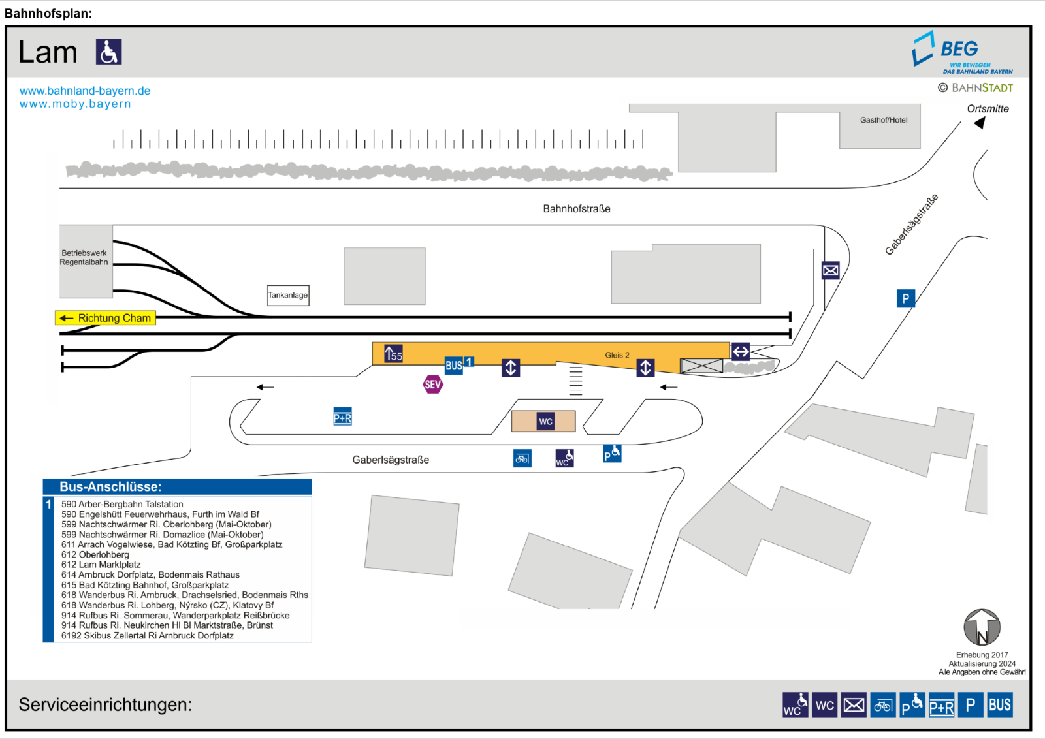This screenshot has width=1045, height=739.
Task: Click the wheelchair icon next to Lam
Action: (x=108, y=52)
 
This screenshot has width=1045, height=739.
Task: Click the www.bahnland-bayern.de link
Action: (x=85, y=91)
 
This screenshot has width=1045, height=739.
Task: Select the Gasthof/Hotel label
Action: (x=884, y=120)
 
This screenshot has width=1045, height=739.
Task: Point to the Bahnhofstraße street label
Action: (x=577, y=208)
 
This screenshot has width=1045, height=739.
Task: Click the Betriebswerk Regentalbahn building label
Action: (x=84, y=257)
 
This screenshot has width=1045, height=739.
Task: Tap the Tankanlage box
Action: (x=288, y=295)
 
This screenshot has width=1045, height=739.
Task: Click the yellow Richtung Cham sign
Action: (x=105, y=318)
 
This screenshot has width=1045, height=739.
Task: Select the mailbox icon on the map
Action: (x=830, y=270)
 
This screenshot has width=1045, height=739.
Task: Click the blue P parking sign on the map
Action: (x=905, y=298)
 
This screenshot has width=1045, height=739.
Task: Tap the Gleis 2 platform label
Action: (x=617, y=355)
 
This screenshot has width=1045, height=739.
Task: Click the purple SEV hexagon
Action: (x=433, y=385)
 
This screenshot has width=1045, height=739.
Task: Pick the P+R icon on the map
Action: (x=342, y=417)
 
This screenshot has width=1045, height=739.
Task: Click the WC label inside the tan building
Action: (x=546, y=422)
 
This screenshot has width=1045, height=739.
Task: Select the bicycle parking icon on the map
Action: (x=522, y=459)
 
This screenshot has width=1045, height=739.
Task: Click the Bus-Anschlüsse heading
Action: (x=110, y=487)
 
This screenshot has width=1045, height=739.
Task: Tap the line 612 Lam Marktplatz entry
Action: (x=101, y=565)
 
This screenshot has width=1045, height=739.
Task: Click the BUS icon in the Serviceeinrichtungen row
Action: (x=1000, y=705)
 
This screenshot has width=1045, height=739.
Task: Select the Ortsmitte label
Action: (x=988, y=108)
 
